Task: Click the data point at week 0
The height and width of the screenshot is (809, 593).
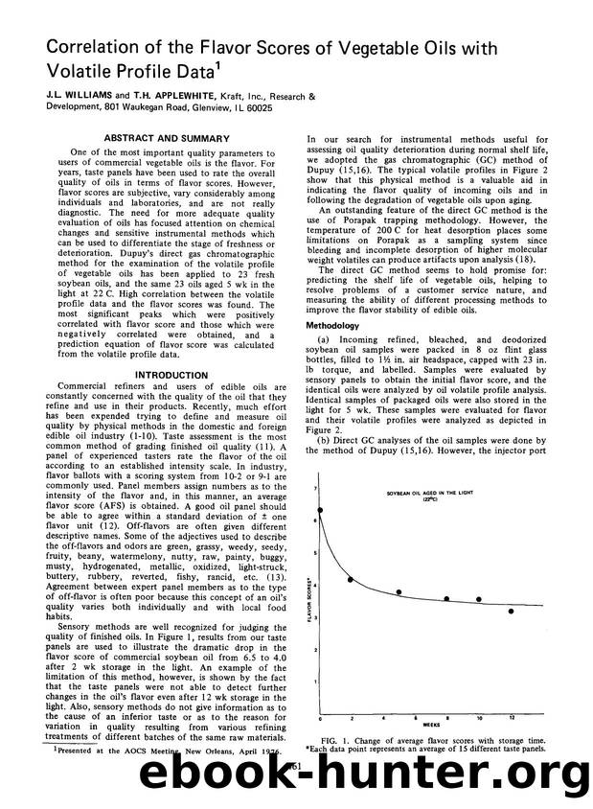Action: (320, 511)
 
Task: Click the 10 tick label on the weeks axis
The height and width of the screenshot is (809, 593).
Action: (479, 717)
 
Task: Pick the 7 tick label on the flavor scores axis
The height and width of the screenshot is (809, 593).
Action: (314, 489)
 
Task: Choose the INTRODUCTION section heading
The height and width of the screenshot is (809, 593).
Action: (158, 375)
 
